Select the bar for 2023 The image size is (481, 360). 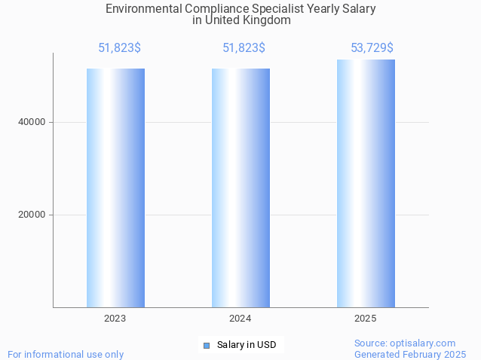click(x=115, y=188)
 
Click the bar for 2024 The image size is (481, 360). click(x=240, y=188)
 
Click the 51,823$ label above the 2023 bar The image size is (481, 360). click(x=119, y=48)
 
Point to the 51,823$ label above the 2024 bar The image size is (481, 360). click(x=244, y=48)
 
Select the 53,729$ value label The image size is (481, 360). click(x=372, y=48)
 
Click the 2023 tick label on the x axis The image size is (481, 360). click(x=115, y=319)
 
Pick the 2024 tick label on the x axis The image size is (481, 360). click(x=240, y=319)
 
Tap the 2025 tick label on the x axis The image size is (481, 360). click(x=366, y=319)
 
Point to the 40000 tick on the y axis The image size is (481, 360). click(x=32, y=122)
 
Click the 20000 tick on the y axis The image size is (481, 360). click(x=32, y=215)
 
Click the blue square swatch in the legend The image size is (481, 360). click(x=206, y=346)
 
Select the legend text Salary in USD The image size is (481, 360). click(x=247, y=345)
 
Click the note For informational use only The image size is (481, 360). click(x=66, y=354)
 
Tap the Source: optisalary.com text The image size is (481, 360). click(x=405, y=343)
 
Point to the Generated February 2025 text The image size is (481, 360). click(x=410, y=354)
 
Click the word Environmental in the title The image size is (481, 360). click(x=139, y=9)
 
